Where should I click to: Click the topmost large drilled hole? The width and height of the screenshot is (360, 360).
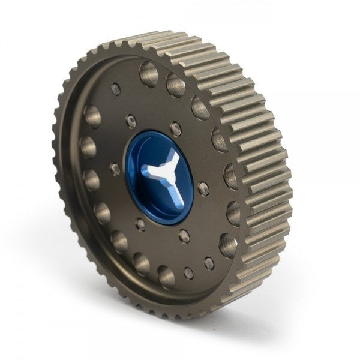tap(149, 74)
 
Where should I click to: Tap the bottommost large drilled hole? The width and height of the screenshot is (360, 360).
tap(166, 277)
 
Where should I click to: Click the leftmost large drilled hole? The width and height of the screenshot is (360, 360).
tap(88, 145)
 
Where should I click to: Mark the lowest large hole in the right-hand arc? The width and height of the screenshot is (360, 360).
tap(228, 245)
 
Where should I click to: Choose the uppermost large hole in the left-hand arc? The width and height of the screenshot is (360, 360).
tap(92, 116)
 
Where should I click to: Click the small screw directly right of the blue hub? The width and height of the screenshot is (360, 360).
tap(203, 188)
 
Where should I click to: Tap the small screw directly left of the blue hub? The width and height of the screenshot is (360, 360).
tap(115, 169)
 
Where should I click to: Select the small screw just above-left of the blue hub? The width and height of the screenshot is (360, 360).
tap(131, 122)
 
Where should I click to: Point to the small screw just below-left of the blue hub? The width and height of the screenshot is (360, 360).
tap(141, 225)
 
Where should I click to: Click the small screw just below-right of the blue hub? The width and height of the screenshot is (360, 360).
tap(184, 235)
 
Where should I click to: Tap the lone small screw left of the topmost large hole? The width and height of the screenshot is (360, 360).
tap(116, 89)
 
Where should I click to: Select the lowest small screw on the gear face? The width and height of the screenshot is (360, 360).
tap(189, 273)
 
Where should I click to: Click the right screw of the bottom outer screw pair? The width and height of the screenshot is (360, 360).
tap(209, 263)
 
